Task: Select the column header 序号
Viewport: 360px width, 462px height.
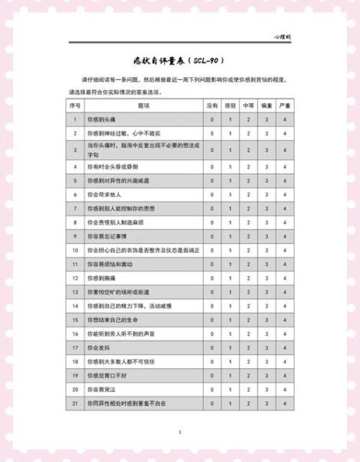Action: pyautogui.click(x=75, y=105)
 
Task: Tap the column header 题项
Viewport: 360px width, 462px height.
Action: pyautogui.click(x=143, y=105)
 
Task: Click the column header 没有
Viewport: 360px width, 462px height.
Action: pyautogui.click(x=212, y=105)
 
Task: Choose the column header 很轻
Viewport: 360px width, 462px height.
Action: pyautogui.click(x=230, y=105)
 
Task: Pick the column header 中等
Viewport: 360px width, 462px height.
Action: pyautogui.click(x=248, y=105)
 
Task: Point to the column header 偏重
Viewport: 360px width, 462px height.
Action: pyautogui.click(x=267, y=105)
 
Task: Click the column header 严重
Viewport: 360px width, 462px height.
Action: pyautogui.click(x=285, y=105)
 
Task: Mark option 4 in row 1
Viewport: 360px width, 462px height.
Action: pyautogui.click(x=285, y=119)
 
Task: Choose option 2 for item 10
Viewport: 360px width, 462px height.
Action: pyautogui.click(x=248, y=250)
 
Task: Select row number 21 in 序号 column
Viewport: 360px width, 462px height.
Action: pyautogui.click(x=75, y=403)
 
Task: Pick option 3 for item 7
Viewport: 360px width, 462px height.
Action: pyautogui.click(x=267, y=208)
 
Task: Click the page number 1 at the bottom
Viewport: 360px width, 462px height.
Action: pyautogui.click(x=179, y=433)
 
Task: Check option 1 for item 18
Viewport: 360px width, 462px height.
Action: pyautogui.click(x=230, y=361)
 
